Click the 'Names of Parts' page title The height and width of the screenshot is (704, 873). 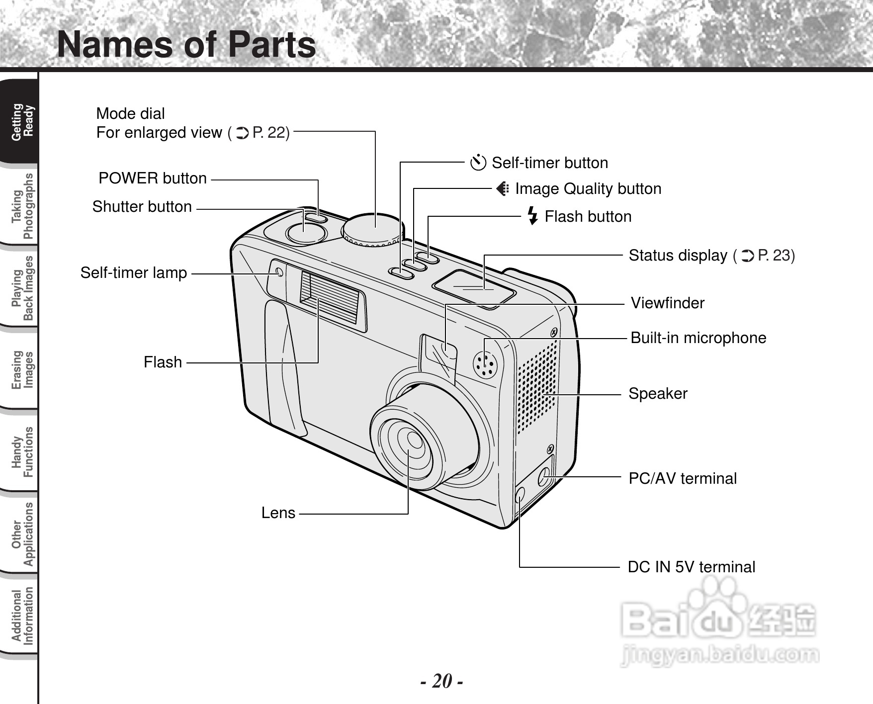(186, 45)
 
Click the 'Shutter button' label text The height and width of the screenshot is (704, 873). (142, 206)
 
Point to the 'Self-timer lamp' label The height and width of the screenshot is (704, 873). (134, 272)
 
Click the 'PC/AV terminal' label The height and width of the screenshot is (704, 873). (683, 478)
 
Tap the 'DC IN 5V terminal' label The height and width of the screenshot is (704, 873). (691, 567)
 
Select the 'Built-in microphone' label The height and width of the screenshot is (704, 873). (698, 338)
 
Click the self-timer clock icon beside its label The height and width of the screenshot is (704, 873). (478, 163)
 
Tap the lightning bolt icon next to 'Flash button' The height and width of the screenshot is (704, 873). (532, 216)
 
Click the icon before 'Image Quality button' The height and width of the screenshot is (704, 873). (503, 189)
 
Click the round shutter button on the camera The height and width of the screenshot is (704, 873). (307, 232)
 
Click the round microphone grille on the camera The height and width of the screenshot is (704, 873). (485, 365)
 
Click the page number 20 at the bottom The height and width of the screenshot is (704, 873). (441, 681)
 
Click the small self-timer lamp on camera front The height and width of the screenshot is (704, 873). (279, 272)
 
